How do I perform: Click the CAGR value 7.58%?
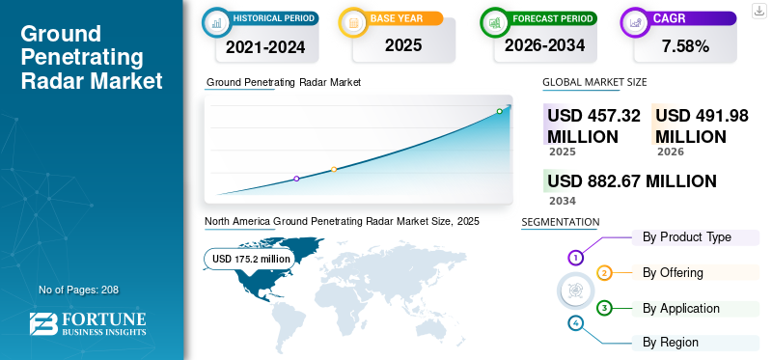coord(684,45)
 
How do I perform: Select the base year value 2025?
coord(396,45)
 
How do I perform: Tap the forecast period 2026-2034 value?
coord(544,45)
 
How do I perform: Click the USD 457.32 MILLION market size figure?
coord(593,125)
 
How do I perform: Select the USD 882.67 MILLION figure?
coord(631,181)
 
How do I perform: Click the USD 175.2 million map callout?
coord(251,259)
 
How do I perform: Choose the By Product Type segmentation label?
coord(687,236)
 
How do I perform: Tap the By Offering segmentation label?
coord(673,272)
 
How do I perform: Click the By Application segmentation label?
coord(681,308)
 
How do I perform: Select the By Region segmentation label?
coord(671,342)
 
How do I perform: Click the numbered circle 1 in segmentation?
coord(575,258)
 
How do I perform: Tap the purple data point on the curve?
coord(296,179)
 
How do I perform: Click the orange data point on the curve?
coord(334,170)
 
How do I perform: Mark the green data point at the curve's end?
coord(499,111)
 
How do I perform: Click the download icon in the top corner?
coord(758,10)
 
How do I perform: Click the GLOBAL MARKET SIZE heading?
coord(594,83)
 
